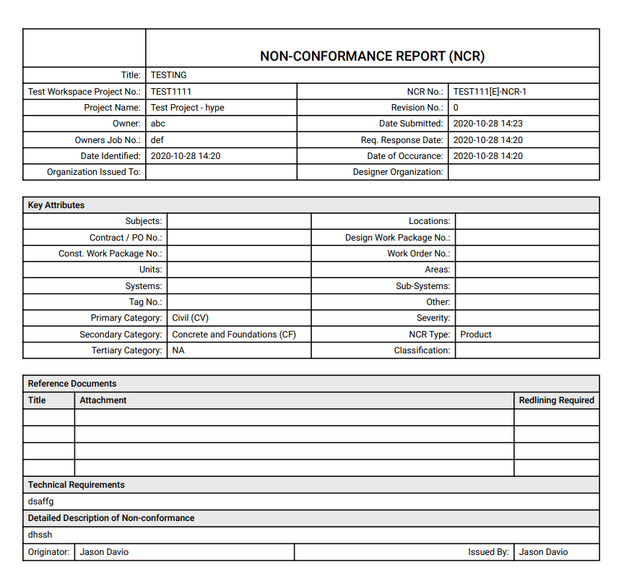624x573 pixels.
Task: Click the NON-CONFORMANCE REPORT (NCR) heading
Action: point(372,56)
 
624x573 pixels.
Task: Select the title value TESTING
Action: point(168,75)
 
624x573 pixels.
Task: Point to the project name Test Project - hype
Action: point(187,108)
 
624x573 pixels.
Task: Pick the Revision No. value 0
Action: point(456,108)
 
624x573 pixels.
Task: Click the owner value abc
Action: point(158,124)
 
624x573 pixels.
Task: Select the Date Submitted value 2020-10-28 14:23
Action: point(487,124)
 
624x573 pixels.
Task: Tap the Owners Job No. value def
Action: point(157,140)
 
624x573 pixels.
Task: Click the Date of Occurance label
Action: point(404,156)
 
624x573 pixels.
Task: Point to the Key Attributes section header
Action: point(56,205)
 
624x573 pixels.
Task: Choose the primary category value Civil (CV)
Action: point(190,318)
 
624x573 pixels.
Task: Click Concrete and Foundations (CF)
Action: point(233,335)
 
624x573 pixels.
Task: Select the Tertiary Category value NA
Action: point(178,350)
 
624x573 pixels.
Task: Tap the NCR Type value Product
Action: point(475,335)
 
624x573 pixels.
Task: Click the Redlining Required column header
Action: point(556,400)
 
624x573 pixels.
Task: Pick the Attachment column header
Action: point(103,400)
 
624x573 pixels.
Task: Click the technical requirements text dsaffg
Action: point(40,501)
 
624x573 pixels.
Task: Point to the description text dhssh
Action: point(40,535)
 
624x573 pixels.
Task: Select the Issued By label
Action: point(488,552)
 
